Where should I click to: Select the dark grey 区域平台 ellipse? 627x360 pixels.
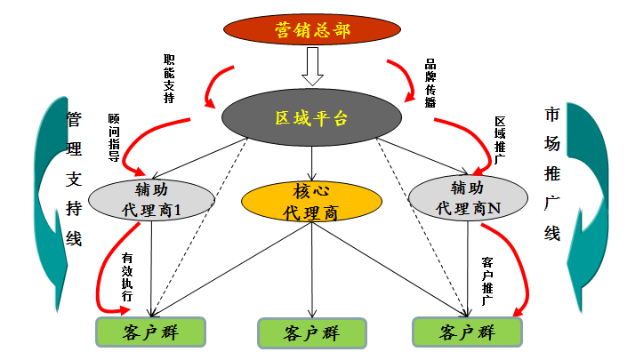(311, 117)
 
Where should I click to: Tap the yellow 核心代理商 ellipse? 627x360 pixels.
(311, 203)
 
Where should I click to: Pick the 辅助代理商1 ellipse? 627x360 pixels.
(152, 198)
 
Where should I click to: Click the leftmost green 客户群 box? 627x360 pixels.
(150, 332)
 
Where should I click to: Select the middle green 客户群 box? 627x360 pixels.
(311, 333)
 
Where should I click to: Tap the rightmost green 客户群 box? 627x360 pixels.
(468, 332)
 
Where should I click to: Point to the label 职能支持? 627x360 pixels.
(169, 78)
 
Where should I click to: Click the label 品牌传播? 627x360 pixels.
(430, 83)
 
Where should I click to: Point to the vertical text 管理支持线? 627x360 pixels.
(74, 178)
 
